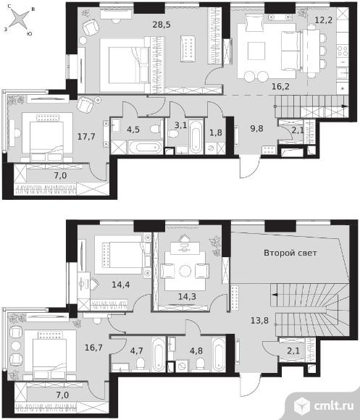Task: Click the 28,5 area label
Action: pos(162,25)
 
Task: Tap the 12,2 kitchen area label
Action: pos(324,20)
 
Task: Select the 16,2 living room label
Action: pos(280,86)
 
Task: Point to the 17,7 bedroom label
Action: pos(86,137)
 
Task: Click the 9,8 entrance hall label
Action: pos(256,129)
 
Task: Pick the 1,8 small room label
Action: pos(216,133)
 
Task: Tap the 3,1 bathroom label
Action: pos(180,125)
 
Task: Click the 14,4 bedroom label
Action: pos(121,285)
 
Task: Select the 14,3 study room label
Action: pos(187,296)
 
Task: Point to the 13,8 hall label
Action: pos(259,320)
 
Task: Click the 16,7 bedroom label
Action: pos(93,348)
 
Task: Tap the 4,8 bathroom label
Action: pos(196,350)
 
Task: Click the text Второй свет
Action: pos(290,253)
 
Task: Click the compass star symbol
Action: pos(19,20)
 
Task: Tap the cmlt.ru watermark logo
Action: pos(324,406)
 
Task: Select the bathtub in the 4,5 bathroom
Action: pos(145,148)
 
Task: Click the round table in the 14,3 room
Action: pos(185,271)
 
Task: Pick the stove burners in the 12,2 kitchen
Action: pos(343,51)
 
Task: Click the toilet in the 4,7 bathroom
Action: pos(141,364)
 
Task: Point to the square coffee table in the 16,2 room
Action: pos(256,51)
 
